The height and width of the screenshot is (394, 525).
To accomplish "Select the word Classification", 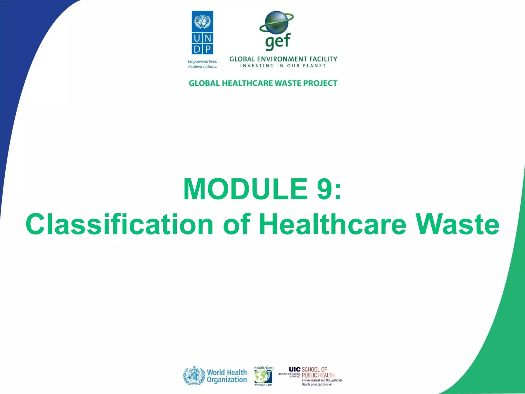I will click(x=119, y=224).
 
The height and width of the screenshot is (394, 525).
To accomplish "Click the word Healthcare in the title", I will click(x=332, y=224).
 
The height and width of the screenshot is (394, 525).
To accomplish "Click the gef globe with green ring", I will click(x=276, y=22).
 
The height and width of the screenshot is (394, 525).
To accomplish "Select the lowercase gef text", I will click(x=278, y=42).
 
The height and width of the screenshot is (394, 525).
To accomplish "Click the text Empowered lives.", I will click(x=202, y=62).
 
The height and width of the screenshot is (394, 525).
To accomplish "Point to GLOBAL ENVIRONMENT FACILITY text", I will click(x=283, y=59).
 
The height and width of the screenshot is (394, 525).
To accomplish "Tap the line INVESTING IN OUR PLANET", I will click(x=283, y=66).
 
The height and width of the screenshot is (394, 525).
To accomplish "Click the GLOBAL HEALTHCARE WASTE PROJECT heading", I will click(x=263, y=83).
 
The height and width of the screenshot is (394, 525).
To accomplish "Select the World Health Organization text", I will click(x=227, y=376).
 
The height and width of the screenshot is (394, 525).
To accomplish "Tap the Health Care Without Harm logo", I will click(x=263, y=376).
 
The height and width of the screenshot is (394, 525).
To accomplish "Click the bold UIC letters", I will click(x=295, y=369).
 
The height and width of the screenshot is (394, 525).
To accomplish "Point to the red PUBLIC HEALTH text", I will click(x=318, y=375).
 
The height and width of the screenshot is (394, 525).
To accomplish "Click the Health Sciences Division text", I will click(x=317, y=384).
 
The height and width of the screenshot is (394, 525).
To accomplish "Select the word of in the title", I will click(x=236, y=224).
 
